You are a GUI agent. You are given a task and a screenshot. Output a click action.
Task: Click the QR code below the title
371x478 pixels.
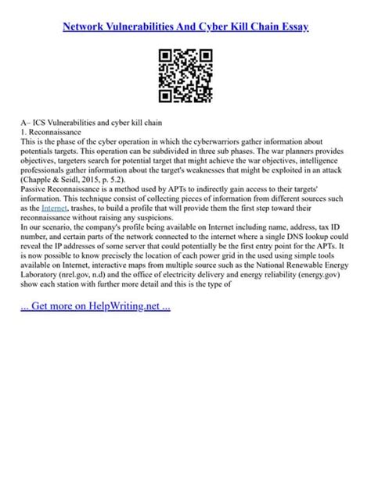point(185,76)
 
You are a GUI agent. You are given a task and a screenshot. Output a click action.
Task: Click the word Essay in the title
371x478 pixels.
point(289,26)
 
